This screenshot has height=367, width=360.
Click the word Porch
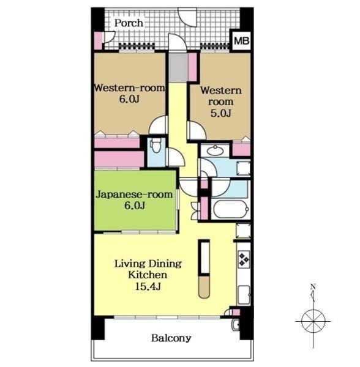coord(129,23)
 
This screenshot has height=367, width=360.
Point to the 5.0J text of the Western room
coord(220,114)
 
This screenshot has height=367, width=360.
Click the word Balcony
coord(171,338)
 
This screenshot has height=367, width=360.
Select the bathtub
coord(230,208)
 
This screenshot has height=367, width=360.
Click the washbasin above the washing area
coord(215,150)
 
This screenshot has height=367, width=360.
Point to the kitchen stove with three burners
coord(243,259)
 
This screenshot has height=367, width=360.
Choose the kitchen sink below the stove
coord(243,294)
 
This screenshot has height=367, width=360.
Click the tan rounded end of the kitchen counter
coord(204,286)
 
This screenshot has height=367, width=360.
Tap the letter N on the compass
coord(313,286)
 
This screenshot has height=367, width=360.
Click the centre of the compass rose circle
coord(313,321)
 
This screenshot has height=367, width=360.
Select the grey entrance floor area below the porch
coord(178,67)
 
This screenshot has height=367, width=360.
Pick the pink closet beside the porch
coord(98,40)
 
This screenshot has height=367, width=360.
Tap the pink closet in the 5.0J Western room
coord(241,149)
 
